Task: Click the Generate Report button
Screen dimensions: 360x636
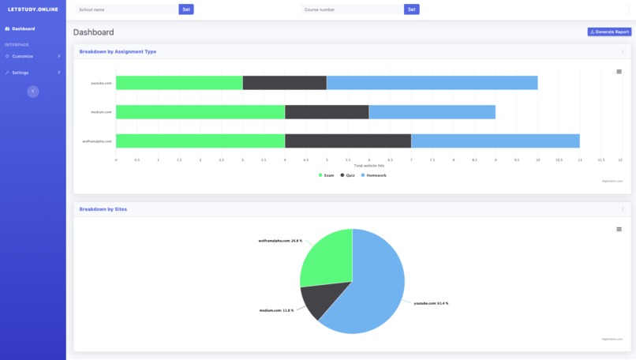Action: (x=609, y=32)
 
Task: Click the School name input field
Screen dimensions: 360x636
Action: (x=126, y=9)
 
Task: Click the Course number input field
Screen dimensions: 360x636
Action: (x=352, y=9)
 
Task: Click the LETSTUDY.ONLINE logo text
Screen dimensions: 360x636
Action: (x=32, y=9)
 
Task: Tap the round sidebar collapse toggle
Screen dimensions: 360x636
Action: (x=32, y=92)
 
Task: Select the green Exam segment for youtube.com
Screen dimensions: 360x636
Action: (x=179, y=83)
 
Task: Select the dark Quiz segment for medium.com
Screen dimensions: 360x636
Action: (x=327, y=112)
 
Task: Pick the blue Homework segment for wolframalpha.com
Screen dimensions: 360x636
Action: (x=495, y=141)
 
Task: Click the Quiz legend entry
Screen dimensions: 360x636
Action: (x=348, y=175)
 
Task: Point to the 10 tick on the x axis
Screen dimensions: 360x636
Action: (x=537, y=159)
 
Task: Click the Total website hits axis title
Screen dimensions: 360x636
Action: (x=369, y=166)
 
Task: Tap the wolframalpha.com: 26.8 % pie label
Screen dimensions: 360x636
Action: (x=280, y=241)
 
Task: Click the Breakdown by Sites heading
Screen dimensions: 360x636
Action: (x=103, y=209)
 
